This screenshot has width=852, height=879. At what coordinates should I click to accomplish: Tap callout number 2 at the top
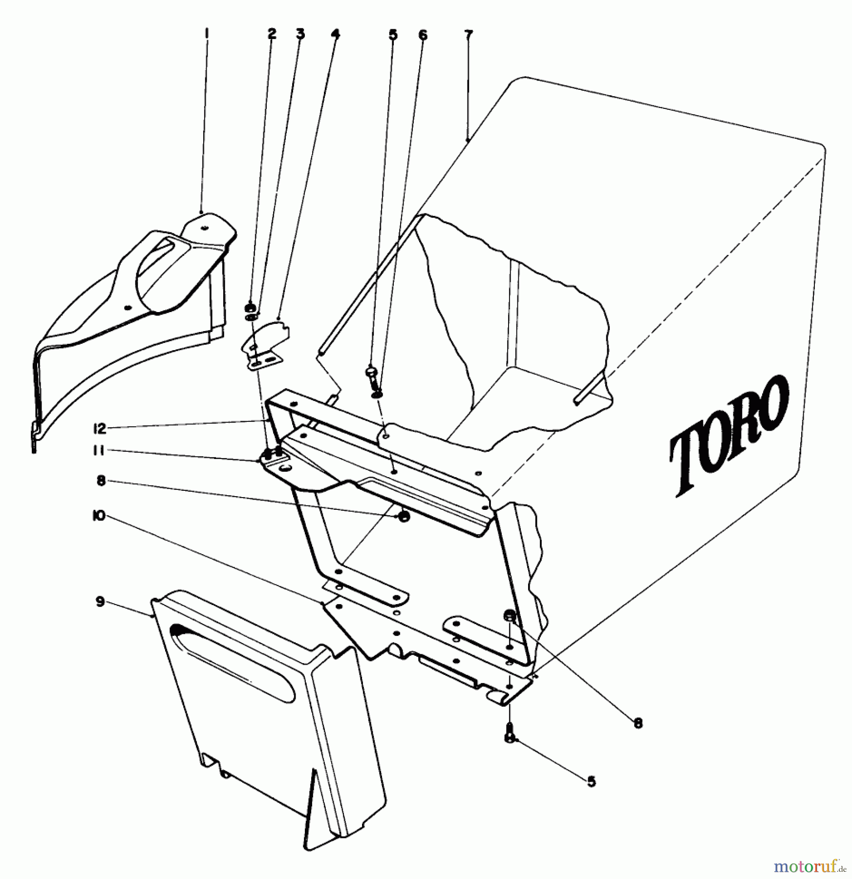tap(272, 34)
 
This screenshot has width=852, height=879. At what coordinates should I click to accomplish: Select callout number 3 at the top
tap(300, 34)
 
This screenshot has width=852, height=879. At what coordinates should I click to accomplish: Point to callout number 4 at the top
tap(335, 34)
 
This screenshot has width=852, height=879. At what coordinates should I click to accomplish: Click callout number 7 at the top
tap(468, 35)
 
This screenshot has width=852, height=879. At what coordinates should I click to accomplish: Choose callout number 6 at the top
tap(423, 35)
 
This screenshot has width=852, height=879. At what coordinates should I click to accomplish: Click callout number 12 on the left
tap(99, 429)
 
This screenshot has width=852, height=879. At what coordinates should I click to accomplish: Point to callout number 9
tap(100, 602)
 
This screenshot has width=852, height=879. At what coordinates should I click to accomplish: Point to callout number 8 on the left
tap(101, 481)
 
